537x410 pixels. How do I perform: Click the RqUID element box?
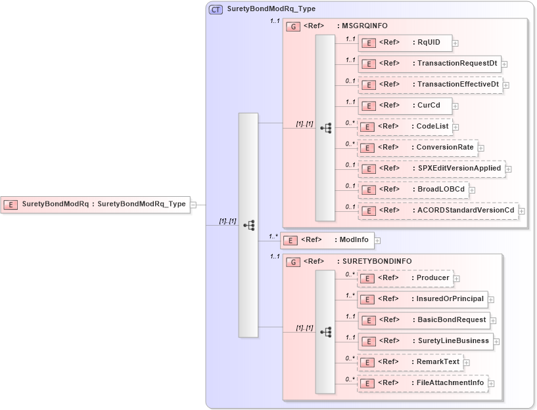(x=404, y=43)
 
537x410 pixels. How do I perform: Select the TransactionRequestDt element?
(x=429, y=64)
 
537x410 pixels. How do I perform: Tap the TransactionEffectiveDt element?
(x=430, y=85)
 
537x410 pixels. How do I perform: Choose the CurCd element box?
(x=404, y=105)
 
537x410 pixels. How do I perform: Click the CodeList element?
(x=405, y=126)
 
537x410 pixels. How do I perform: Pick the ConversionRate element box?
(x=417, y=147)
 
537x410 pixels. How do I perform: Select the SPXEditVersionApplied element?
(x=431, y=168)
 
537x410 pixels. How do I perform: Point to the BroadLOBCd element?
(x=412, y=189)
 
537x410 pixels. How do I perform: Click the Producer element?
(x=405, y=278)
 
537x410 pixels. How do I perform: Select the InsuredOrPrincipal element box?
(x=422, y=299)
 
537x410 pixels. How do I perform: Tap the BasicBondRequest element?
(x=423, y=320)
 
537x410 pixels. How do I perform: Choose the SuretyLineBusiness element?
(x=425, y=341)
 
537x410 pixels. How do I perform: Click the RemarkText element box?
(x=410, y=361)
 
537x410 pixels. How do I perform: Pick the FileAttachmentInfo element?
(x=422, y=382)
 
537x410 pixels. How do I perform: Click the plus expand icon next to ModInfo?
(x=377, y=241)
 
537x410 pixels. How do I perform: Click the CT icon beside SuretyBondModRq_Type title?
(x=215, y=9)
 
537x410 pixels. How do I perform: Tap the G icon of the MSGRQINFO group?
(x=294, y=26)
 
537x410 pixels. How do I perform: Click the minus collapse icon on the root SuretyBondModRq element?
(x=193, y=205)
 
